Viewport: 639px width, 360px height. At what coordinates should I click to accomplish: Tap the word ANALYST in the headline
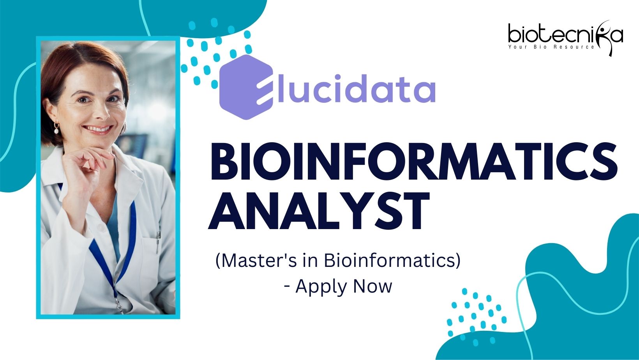point(319,211)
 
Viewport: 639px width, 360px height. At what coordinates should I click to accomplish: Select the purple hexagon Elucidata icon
point(246,87)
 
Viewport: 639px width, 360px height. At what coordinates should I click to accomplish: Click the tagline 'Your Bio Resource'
point(551,47)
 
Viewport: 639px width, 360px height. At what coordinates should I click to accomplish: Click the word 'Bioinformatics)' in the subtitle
point(392,261)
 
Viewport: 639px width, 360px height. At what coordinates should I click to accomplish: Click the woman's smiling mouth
point(97,129)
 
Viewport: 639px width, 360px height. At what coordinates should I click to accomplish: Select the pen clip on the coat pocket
point(158,242)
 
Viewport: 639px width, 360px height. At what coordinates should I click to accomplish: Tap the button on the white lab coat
point(101,228)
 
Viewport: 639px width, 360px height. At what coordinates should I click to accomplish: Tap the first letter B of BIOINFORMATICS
point(224,161)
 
